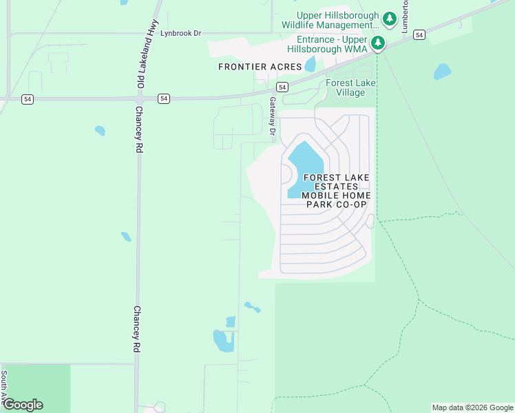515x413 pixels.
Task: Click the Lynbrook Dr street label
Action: pos(180,32)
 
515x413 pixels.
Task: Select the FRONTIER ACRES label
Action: pos(260,67)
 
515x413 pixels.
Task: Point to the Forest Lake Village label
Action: pos(351,87)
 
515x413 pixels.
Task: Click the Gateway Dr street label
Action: pos(273,115)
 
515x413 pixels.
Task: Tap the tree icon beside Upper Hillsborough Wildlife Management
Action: pos(389,19)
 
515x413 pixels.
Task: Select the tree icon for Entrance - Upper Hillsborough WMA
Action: pos(378,43)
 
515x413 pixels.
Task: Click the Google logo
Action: pos(23,404)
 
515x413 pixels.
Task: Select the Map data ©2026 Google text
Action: pos(472,407)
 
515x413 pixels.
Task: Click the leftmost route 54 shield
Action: pos(27,99)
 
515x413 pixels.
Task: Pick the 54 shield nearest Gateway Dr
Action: pos(282,87)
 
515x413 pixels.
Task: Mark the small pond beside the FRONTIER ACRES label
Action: pos(311,64)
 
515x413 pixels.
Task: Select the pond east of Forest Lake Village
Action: pos(442,72)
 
